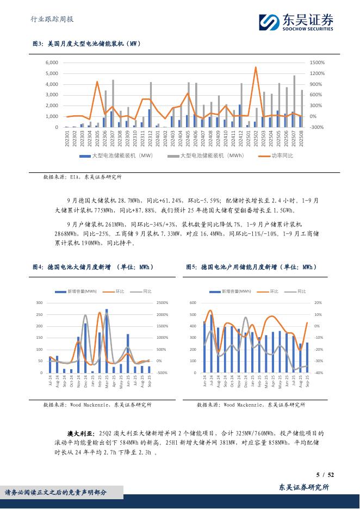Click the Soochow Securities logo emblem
click(268, 21)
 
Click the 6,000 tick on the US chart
click(51, 63)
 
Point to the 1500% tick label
click(317, 63)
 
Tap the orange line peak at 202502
click(256, 67)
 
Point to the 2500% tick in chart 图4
click(162, 302)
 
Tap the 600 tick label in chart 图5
click(193, 302)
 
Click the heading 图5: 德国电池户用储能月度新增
click(251, 267)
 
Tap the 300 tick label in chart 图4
click(39, 302)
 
